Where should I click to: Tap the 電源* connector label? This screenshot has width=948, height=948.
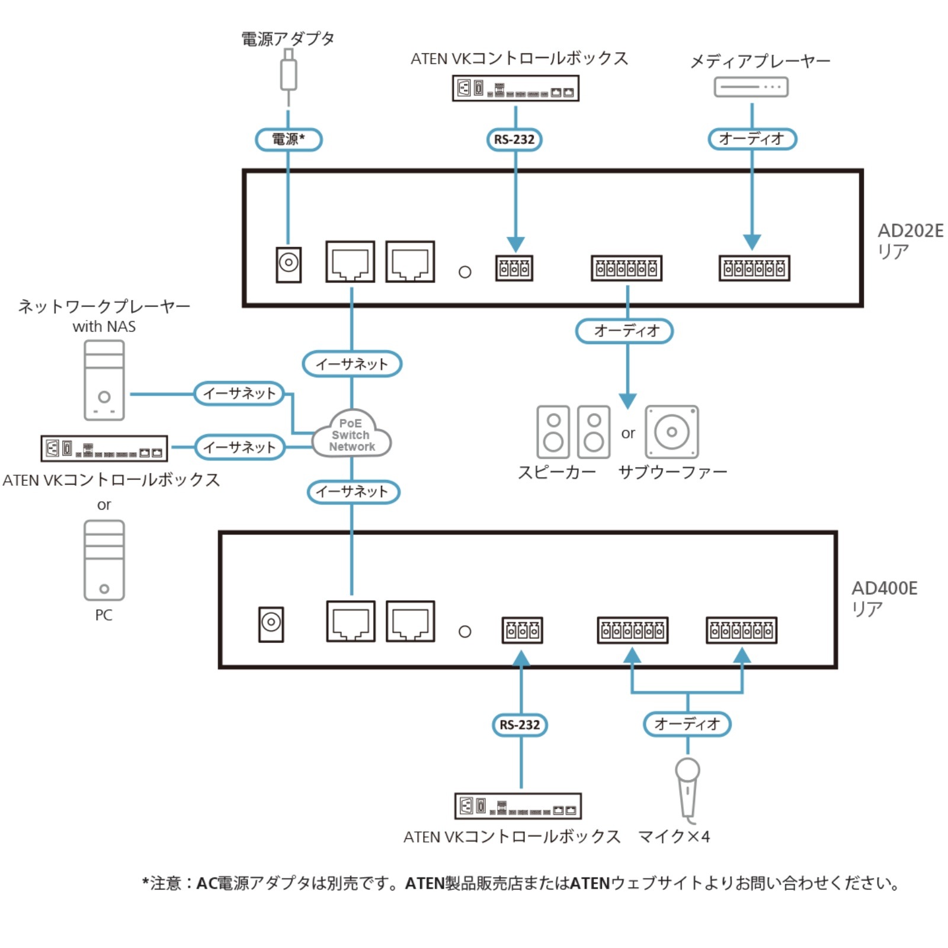(289, 140)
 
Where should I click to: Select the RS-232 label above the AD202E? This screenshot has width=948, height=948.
(514, 140)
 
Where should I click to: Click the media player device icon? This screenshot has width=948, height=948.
(751, 87)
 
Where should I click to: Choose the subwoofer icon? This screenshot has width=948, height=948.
(671, 432)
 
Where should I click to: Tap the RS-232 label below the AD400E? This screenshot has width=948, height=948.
(520, 725)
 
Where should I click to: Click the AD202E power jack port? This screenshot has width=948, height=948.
(289, 264)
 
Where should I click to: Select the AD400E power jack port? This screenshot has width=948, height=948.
(271, 624)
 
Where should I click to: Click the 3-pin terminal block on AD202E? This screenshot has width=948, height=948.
(514, 268)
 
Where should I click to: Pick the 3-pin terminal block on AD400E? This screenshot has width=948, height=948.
(522, 630)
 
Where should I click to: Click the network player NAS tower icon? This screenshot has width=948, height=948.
(104, 380)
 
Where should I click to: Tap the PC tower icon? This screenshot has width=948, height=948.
(104, 560)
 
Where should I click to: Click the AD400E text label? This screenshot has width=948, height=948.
(884, 588)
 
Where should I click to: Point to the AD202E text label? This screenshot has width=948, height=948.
(910, 230)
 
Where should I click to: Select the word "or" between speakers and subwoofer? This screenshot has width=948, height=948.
(628, 433)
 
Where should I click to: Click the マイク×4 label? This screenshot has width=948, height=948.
(674, 837)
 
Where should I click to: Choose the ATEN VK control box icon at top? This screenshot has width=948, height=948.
(515, 88)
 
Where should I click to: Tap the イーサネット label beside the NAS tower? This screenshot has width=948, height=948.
(239, 393)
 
